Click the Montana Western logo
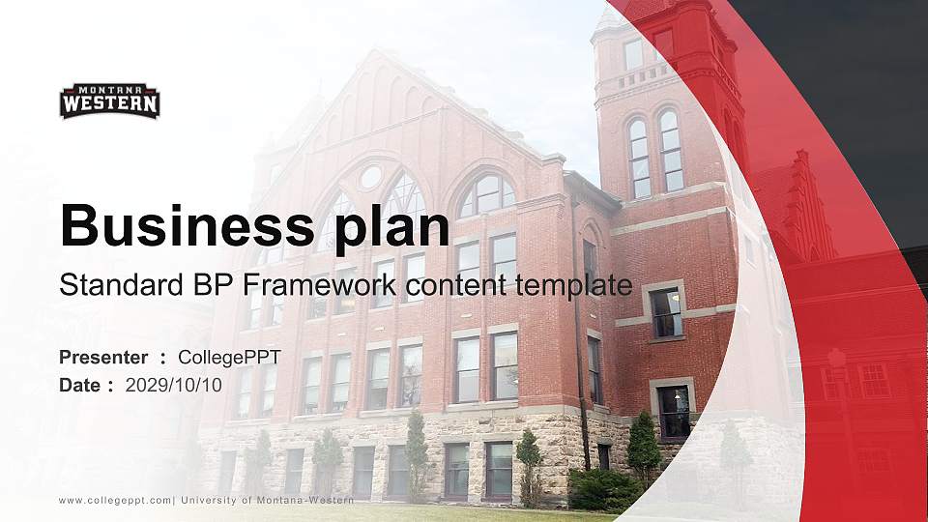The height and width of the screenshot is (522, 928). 109,101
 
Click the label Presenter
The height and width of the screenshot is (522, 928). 103,358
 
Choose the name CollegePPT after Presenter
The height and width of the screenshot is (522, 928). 230,358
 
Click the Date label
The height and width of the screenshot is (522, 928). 80,385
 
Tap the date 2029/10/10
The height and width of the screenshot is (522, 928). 174,385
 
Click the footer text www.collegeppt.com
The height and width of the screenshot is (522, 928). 116,500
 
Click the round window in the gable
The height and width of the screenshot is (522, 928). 370,177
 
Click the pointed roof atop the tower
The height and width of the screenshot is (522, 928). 609,16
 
